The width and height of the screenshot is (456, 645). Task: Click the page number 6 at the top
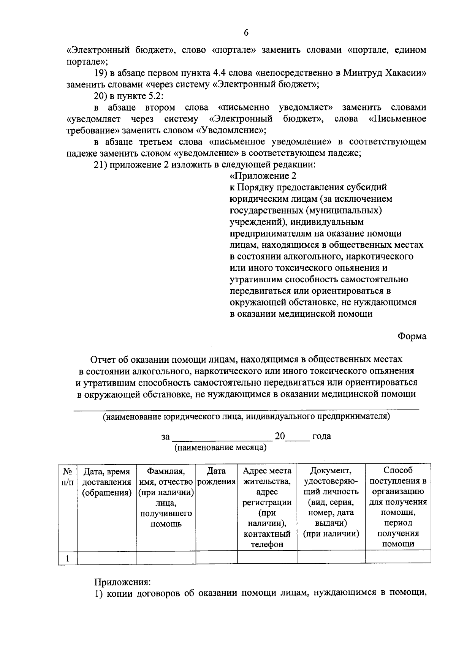(x=246, y=33)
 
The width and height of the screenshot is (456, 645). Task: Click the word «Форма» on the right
(x=412, y=336)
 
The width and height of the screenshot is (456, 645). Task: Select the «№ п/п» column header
(x=67, y=476)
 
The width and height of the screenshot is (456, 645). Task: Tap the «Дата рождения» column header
(x=216, y=476)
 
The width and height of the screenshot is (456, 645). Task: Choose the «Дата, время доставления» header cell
(x=107, y=482)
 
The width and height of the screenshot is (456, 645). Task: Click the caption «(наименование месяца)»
(x=220, y=447)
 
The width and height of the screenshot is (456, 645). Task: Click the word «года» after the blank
(x=321, y=436)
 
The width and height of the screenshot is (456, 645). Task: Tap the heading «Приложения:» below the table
(x=123, y=582)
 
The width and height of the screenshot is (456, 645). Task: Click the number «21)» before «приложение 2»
(x=101, y=165)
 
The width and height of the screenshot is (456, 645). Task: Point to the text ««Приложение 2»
(x=263, y=176)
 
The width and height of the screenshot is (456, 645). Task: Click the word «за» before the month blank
(x=165, y=436)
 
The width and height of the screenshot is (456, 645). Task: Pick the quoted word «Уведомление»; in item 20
(x=230, y=131)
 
